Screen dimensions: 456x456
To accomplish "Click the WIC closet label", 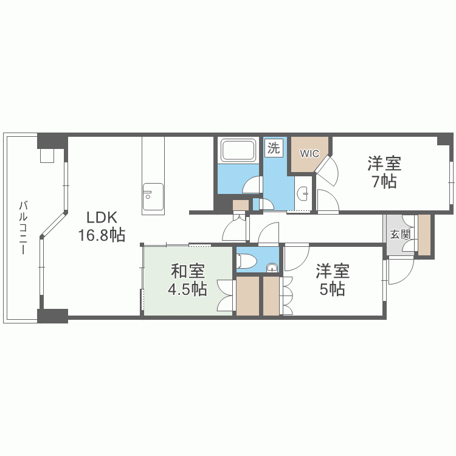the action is point(309,154).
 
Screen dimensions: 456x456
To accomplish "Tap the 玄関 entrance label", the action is point(401,234).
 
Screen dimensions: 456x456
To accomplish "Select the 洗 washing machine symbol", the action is point(274,148).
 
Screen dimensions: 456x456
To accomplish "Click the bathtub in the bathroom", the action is point(238,150).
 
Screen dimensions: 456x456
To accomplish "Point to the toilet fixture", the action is point(246,260).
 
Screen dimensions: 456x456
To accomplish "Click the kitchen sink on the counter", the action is point(153,197).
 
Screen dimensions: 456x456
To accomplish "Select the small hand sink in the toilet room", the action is point(272,268).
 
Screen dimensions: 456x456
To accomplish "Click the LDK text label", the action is point(102,217).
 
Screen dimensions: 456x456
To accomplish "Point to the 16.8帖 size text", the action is point(102,235).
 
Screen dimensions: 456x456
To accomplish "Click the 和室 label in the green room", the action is point(188,271).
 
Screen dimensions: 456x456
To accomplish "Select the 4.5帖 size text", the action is point(188,289).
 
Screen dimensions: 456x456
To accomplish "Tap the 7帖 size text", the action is point(384,182).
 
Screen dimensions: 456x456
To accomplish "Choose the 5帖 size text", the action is point(333,289).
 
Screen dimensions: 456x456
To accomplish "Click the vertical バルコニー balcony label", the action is point(23,227).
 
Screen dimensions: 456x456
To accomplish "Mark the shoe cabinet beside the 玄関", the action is point(424,235).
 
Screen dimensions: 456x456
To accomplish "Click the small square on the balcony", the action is point(47,156).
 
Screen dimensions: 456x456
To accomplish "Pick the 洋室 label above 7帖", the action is point(384,164).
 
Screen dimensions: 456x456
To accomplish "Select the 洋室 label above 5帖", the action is point(333,271).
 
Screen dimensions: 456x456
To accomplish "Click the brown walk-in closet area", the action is point(308,154).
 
